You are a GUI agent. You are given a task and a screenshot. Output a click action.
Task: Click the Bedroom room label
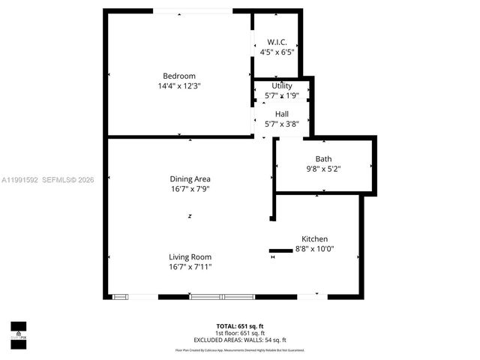pyautogui.click(x=179, y=76)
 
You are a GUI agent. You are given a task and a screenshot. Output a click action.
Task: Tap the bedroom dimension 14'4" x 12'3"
pyautogui.click(x=179, y=86)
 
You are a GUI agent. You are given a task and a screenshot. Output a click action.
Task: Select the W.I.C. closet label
pyautogui.click(x=277, y=42)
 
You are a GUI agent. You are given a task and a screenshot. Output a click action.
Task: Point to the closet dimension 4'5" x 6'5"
pyautogui.click(x=277, y=52)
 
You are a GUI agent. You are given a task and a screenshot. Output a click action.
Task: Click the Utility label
pyautogui.click(x=282, y=86)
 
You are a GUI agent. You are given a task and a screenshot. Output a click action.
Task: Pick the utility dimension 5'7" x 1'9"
pyautogui.click(x=282, y=96)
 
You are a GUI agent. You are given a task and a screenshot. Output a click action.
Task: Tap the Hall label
pyautogui.click(x=282, y=114)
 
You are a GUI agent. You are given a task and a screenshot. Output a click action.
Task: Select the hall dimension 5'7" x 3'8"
pyautogui.click(x=282, y=124)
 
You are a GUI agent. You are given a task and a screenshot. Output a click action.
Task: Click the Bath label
pyautogui.click(x=323, y=159)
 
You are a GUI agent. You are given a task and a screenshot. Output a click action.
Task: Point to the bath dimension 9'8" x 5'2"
pyautogui.click(x=323, y=169)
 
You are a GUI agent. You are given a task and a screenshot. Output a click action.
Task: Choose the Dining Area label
pyautogui.click(x=190, y=179)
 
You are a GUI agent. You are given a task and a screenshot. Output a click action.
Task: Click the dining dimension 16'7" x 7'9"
pyautogui.click(x=190, y=190)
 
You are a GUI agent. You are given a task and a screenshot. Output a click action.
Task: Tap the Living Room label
pyautogui.click(x=190, y=256)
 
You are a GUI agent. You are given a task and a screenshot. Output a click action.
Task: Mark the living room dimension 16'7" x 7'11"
pyautogui.click(x=190, y=267)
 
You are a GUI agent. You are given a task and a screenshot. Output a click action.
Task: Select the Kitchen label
pyautogui.click(x=315, y=238)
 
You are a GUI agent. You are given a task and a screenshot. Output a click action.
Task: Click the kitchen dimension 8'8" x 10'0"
pyautogui.click(x=315, y=249)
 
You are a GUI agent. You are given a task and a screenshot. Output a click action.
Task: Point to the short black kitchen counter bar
pyautogui.click(x=280, y=250)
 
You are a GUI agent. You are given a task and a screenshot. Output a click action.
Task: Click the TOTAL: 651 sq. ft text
pyautogui.click(x=240, y=326)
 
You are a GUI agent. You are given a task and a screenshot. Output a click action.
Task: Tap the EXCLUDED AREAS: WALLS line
pyautogui.click(x=240, y=340)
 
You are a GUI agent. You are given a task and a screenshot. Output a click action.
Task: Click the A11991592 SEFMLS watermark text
pyautogui.click(x=47, y=180)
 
